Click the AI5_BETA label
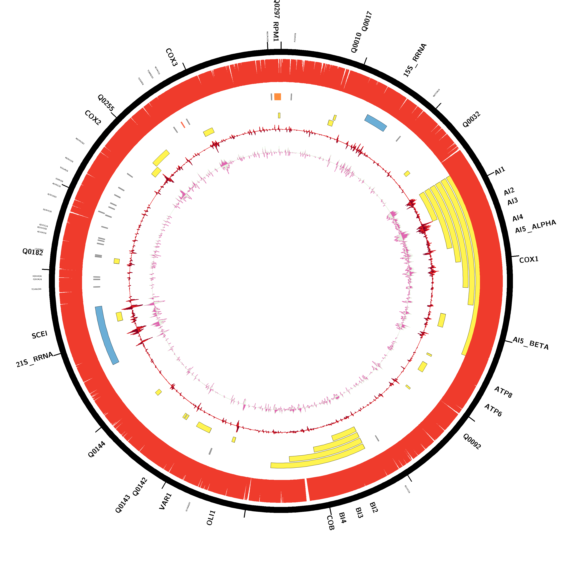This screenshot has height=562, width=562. pos(530,343)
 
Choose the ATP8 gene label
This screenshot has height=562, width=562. pos(503,392)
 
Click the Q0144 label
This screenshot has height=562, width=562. pos(97,449)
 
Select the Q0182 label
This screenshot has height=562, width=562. pos(33,252)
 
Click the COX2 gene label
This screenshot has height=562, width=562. pos(93,118)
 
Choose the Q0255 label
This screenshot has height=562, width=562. pos(106,102)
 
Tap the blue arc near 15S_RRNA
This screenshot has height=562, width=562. pos(376,123)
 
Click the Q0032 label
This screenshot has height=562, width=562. pos(471,120)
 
